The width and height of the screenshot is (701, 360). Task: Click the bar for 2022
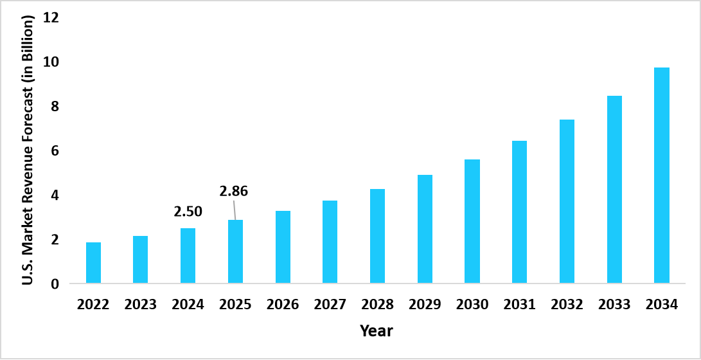pos(93,263)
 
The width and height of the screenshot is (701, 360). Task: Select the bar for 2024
pos(188,256)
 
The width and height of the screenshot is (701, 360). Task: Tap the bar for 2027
pos(330,242)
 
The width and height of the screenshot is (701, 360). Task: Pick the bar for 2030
pos(472,221)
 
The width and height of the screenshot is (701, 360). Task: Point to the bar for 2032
pos(567,201)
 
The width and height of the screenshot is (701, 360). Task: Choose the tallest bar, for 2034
pos(662,175)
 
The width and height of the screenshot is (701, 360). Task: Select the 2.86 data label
pos(233,191)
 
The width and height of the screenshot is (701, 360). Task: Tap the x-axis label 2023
pos(140,305)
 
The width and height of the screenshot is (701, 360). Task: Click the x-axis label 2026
pos(283,305)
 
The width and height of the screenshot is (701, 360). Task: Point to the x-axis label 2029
pos(425,305)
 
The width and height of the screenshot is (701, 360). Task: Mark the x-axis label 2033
pos(614,305)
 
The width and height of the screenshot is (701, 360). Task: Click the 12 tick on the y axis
pos(51,17)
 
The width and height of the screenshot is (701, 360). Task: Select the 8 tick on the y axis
pos(55,106)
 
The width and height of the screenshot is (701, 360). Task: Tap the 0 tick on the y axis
pos(55,283)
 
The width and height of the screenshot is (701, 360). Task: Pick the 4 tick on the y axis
pos(55,195)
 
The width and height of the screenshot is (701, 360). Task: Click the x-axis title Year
pos(376,332)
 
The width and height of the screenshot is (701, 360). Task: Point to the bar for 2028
pos(377,236)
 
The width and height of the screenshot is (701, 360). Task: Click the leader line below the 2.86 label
pos(235,209)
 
